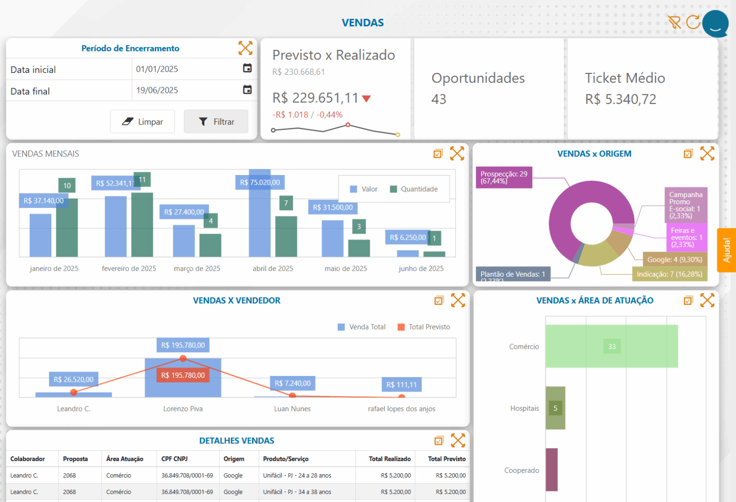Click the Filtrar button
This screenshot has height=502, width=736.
(x=216, y=122)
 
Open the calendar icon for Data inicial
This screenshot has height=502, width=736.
(x=247, y=69)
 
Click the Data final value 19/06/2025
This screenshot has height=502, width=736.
(x=157, y=90)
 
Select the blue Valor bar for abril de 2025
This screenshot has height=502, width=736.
(x=260, y=221)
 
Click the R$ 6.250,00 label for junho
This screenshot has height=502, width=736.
(x=407, y=237)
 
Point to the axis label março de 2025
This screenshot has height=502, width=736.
(x=197, y=269)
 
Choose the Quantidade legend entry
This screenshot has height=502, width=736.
(x=414, y=189)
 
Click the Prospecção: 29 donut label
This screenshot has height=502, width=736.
(x=504, y=177)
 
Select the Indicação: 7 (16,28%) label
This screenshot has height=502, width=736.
(x=669, y=274)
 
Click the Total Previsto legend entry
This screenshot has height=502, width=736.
(x=424, y=327)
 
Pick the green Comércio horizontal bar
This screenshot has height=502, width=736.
(x=611, y=347)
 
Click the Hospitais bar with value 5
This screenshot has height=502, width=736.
(x=555, y=408)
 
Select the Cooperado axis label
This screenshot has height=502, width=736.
(x=521, y=470)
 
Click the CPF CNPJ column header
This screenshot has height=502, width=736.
(x=174, y=459)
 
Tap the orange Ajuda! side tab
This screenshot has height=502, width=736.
(x=726, y=250)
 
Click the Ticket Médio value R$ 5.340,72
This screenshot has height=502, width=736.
(x=621, y=99)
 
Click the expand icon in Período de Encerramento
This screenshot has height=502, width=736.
(x=245, y=48)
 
